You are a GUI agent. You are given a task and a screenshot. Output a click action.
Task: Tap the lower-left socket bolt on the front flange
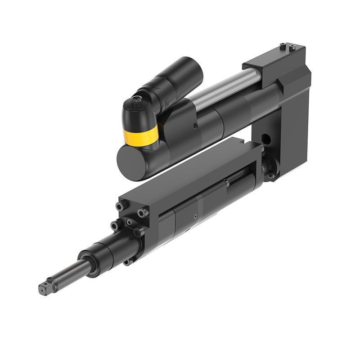tap(115, 225)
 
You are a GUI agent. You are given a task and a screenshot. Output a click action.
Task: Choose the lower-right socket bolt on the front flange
tap(138, 232)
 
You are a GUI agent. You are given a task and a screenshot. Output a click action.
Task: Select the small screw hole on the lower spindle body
tap(195, 216)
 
